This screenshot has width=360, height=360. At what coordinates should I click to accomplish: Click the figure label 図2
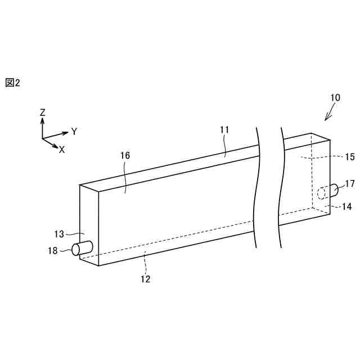click(x=12, y=83)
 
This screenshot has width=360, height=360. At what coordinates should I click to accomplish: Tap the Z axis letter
click(x=42, y=112)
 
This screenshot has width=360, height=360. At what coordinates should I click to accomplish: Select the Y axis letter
click(x=74, y=132)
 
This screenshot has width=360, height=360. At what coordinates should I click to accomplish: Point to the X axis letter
click(x=62, y=150)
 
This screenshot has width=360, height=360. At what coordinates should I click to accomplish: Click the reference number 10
click(x=335, y=97)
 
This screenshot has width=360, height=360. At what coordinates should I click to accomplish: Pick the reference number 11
click(x=224, y=130)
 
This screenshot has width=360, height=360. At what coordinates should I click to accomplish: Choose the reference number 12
click(x=146, y=278)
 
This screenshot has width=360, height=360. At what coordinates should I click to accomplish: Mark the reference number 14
click(x=346, y=206)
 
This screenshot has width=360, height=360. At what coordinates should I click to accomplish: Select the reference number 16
click(x=125, y=156)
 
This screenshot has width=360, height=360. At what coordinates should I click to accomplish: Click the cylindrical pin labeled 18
click(x=82, y=248)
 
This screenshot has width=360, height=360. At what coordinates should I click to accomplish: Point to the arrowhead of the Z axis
click(x=43, y=120)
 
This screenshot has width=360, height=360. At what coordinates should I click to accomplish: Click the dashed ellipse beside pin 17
click(x=321, y=194)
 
